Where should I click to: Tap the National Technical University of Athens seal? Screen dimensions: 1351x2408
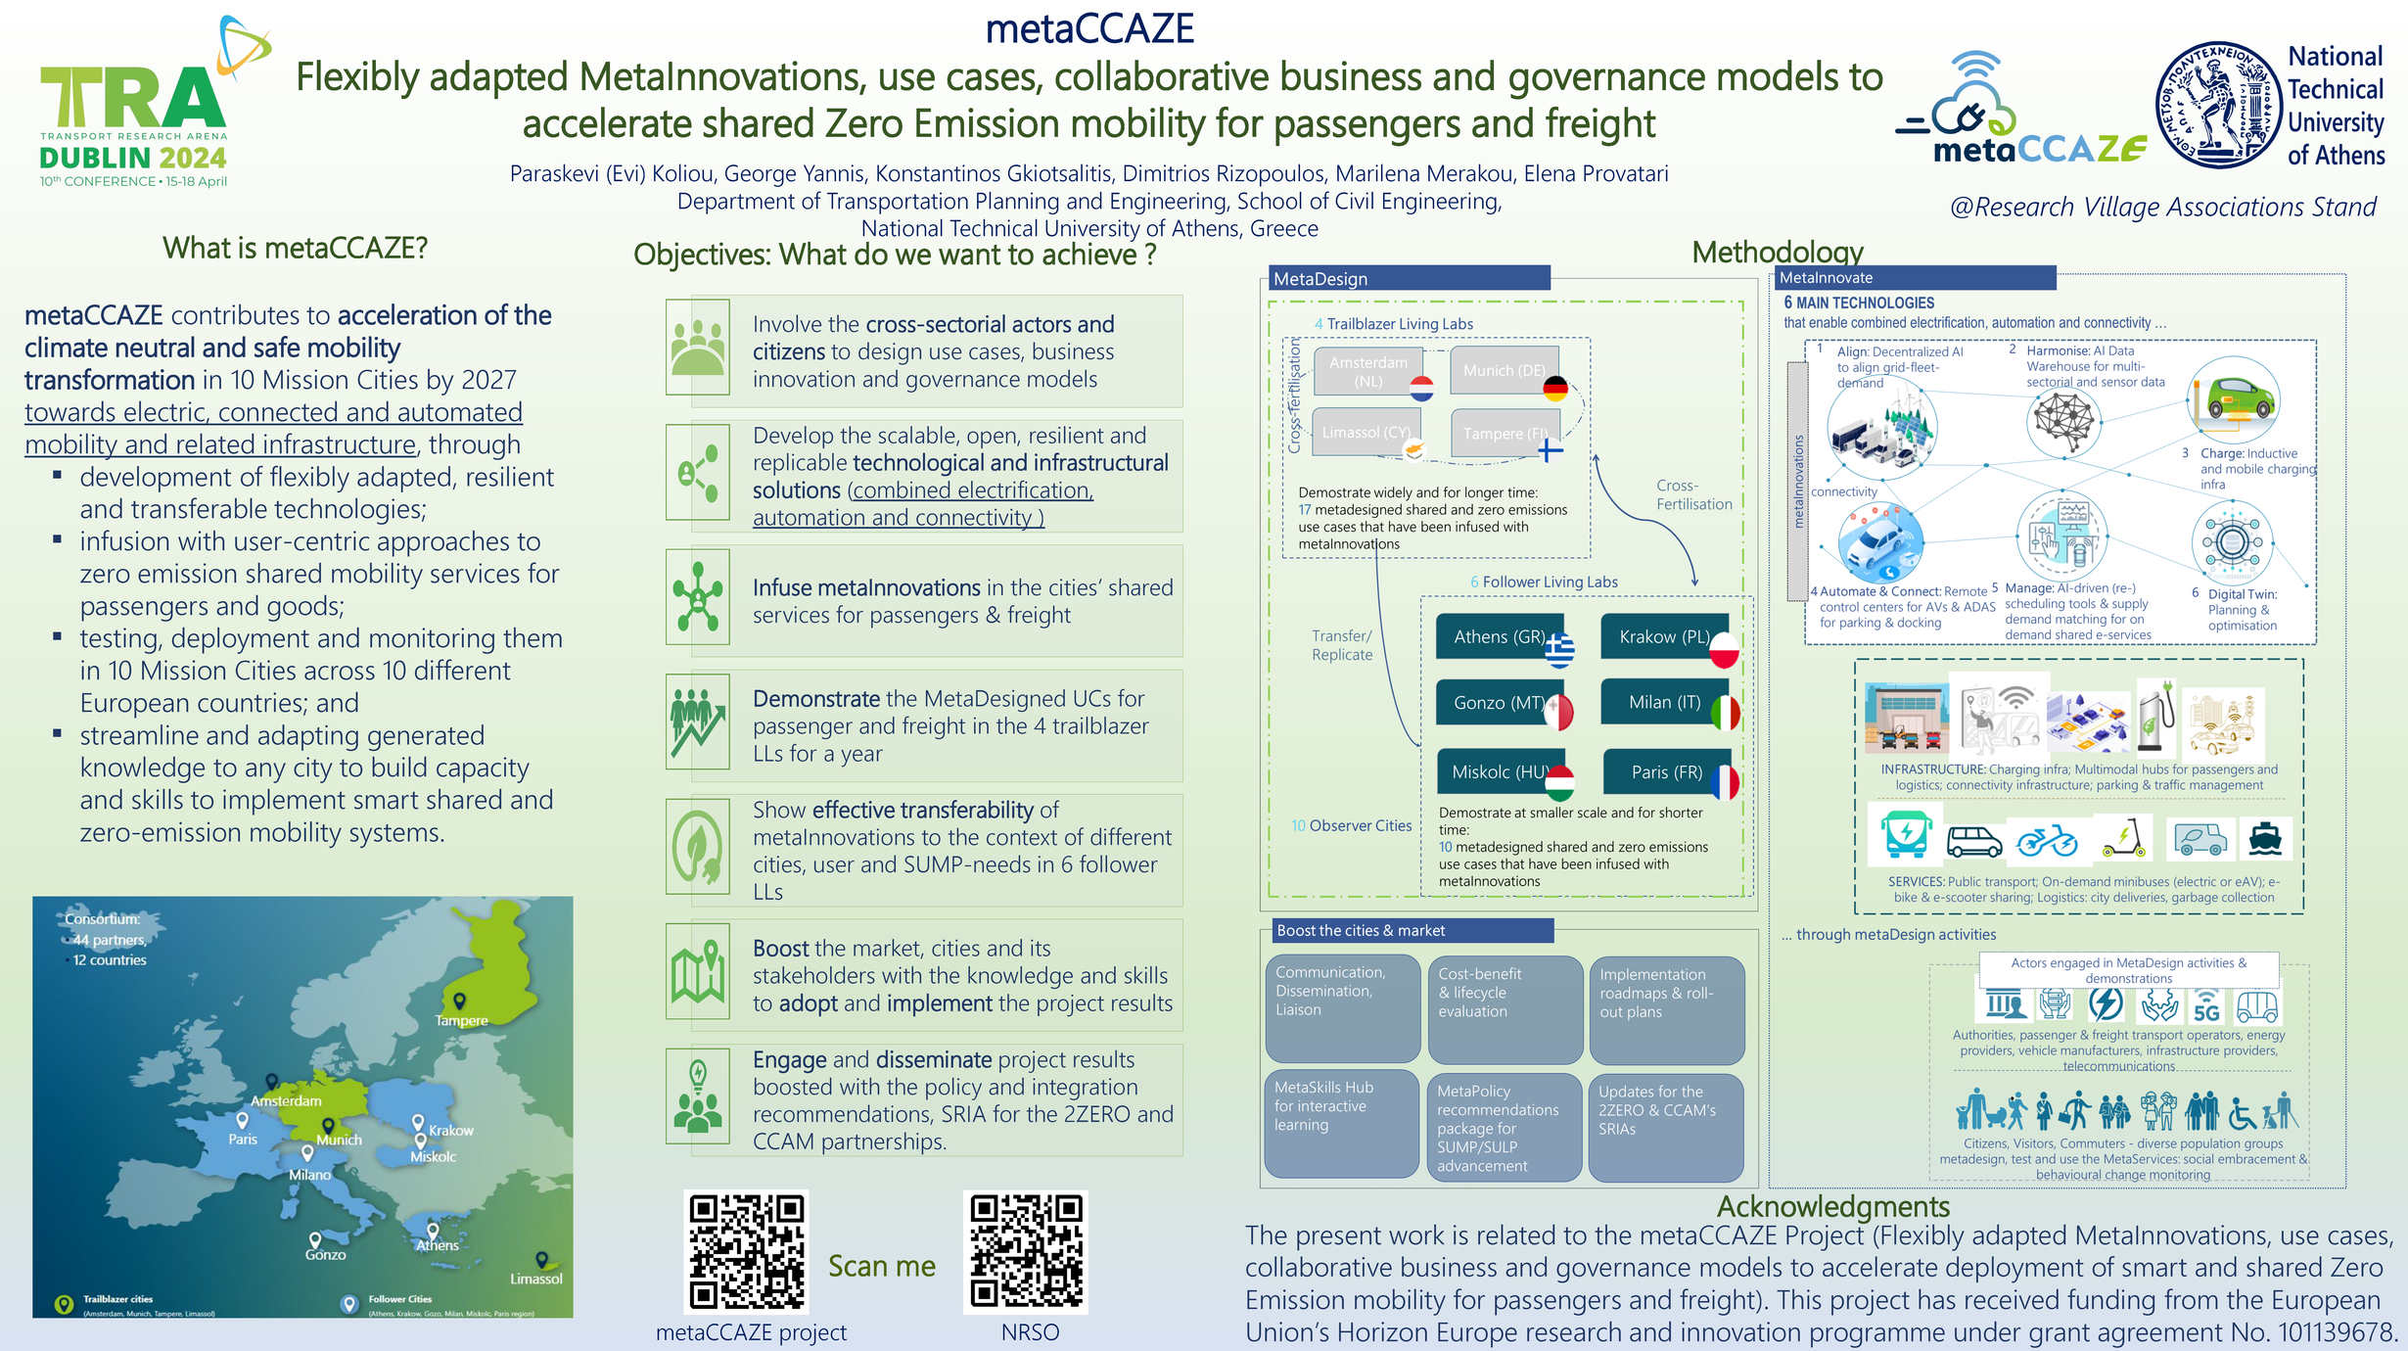click(x=2218, y=105)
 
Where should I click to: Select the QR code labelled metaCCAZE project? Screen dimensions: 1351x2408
click(x=746, y=1251)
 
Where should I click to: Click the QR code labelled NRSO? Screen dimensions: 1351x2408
click(x=1026, y=1251)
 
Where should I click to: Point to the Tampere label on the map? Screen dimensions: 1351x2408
click(x=461, y=1020)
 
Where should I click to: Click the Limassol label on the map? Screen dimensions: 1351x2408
click(x=536, y=1279)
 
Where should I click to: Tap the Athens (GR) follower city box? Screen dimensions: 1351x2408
click(x=1499, y=637)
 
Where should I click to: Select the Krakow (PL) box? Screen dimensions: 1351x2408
click(x=1664, y=637)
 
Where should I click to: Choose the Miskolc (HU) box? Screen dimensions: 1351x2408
click(x=1500, y=771)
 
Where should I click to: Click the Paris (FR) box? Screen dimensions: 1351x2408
click(x=1666, y=771)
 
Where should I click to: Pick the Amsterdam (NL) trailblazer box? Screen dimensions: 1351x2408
click(x=1367, y=371)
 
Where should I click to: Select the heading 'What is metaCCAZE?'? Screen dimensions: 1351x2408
click(x=296, y=249)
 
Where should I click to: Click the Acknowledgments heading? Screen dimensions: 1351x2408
click(x=1832, y=1206)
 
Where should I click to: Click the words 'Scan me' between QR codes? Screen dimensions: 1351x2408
click(x=881, y=1266)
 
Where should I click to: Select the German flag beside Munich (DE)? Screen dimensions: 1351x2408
click(x=1555, y=389)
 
